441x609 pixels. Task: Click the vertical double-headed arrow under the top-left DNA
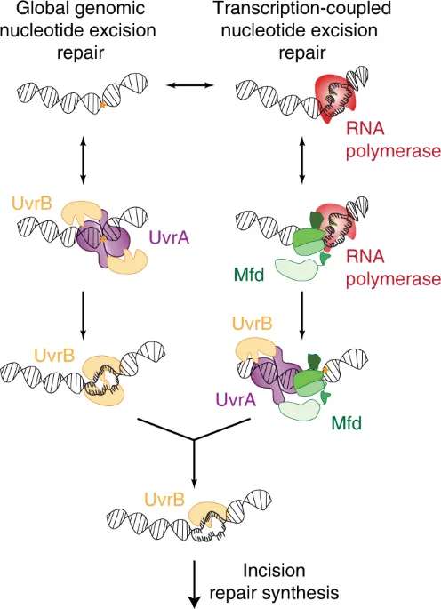point(83,159)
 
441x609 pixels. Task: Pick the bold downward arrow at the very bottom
point(194,587)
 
